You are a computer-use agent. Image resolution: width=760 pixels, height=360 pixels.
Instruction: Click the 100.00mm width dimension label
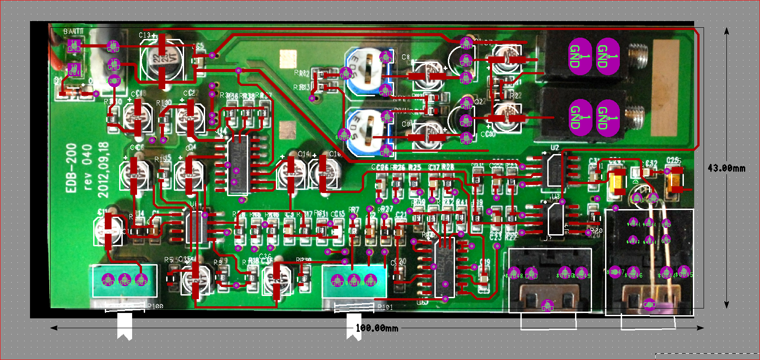(x=377, y=328)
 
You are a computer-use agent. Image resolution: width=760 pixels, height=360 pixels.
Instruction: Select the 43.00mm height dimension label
(x=726, y=168)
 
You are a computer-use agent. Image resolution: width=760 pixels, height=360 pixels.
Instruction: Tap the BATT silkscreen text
(x=73, y=31)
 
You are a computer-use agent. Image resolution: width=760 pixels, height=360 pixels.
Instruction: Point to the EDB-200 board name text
(x=72, y=168)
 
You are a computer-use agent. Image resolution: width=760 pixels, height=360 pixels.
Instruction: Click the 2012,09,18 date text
(x=103, y=170)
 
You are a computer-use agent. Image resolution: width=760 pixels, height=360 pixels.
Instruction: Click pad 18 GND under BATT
(x=74, y=46)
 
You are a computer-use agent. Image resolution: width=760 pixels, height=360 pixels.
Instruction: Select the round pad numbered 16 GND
(x=114, y=64)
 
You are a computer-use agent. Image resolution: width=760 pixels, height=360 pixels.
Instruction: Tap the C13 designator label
(x=145, y=35)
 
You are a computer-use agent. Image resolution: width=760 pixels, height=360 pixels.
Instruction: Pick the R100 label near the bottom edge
(x=155, y=306)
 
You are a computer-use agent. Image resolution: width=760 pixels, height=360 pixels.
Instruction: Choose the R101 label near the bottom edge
(x=385, y=307)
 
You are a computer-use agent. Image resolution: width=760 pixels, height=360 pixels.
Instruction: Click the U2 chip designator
(x=555, y=148)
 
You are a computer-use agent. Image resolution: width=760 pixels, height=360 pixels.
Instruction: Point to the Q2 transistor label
(x=479, y=102)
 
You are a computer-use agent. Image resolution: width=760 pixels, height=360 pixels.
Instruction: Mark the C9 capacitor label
(x=406, y=124)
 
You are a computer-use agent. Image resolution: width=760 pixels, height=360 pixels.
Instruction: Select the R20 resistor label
(x=596, y=231)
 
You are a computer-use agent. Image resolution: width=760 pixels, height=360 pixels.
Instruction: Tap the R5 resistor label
(x=168, y=260)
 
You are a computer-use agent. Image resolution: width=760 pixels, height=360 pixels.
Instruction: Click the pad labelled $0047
(x=615, y=272)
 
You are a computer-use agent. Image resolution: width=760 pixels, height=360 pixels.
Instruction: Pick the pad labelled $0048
(x=514, y=275)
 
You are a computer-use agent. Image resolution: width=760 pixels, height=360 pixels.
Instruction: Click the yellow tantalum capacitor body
(x=618, y=183)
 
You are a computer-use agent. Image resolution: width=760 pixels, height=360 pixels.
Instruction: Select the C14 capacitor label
(x=304, y=154)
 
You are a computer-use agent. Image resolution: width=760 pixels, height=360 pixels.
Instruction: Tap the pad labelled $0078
(x=114, y=81)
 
